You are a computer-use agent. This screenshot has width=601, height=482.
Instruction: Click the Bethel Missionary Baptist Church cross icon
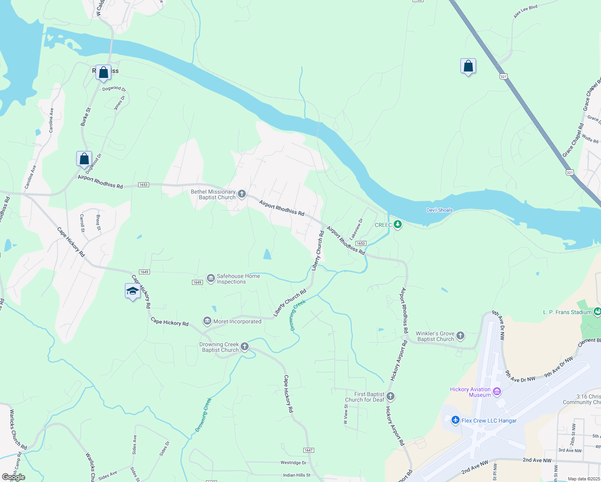point(242,194)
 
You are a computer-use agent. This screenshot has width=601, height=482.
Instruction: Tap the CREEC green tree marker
point(398,225)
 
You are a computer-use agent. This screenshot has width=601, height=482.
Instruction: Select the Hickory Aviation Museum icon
point(497,392)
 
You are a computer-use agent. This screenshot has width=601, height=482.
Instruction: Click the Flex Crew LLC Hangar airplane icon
point(456,420)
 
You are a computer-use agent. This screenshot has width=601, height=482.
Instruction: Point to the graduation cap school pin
point(133,291)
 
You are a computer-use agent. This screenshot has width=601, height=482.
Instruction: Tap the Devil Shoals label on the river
point(440,210)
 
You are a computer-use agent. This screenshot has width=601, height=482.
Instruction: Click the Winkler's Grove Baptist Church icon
point(460,336)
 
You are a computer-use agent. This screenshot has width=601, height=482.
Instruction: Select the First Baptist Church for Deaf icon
point(390,397)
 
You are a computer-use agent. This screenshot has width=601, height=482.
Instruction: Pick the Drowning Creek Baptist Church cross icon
point(244,347)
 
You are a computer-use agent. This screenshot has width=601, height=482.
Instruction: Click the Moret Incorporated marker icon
point(207,321)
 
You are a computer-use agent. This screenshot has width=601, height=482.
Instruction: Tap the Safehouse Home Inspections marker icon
point(211,278)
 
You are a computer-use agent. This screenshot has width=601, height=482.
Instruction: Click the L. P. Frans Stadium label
point(567,312)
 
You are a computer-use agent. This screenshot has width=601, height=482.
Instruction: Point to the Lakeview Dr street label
point(356,229)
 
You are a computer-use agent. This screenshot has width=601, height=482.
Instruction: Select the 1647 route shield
point(309,450)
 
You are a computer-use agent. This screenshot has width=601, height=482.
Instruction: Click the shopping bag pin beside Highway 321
point(468,66)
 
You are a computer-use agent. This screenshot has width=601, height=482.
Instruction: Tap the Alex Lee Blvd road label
point(525,12)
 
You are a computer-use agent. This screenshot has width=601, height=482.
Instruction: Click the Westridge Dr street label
point(293,463)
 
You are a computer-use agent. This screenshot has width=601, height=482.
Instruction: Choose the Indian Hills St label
point(296,475)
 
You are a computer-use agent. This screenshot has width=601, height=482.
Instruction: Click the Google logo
point(14,477)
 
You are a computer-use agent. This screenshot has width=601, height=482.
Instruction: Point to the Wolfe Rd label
point(590,139)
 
